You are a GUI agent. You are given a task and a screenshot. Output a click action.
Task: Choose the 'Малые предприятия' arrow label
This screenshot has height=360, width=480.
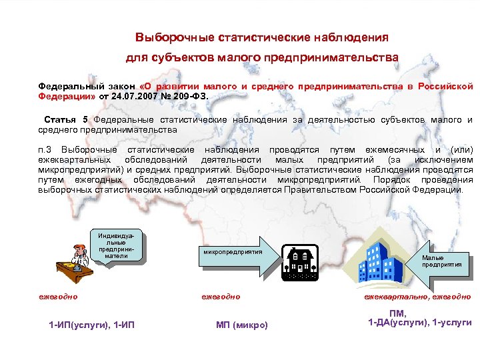[441, 261]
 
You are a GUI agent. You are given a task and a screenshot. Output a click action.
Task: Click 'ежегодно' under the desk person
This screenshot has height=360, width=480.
[57, 296]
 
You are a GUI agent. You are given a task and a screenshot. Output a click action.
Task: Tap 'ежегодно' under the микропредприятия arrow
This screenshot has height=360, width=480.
[220, 296]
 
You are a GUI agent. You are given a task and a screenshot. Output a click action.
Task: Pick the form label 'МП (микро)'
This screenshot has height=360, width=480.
[241, 325]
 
